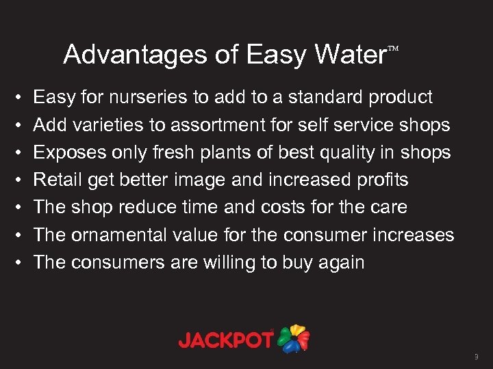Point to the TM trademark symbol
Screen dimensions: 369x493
tap(393, 49)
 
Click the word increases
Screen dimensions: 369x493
tap(414, 234)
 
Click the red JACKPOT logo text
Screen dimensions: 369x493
tap(227, 340)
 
